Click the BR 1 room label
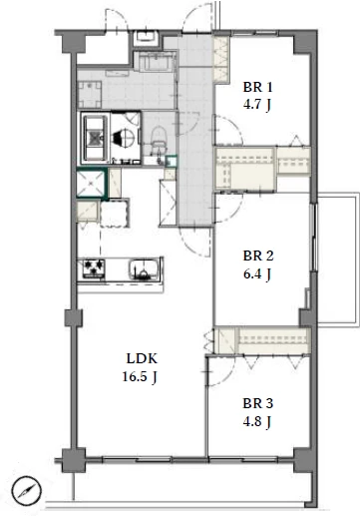pyautogui.click(x=257, y=88)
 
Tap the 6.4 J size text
pyautogui.click(x=257, y=274)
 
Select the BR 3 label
pyautogui.click(x=257, y=403)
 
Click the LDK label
pyautogui.click(x=142, y=358)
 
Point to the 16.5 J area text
pyautogui.click(x=140, y=377)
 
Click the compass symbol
pyautogui.click(x=27, y=491)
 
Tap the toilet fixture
pyautogui.click(x=158, y=138)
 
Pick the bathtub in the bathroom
pyautogui.click(x=96, y=137)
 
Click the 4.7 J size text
pyautogui.click(x=257, y=106)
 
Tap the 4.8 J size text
pyautogui.click(x=257, y=422)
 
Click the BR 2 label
pyautogui.click(x=258, y=257)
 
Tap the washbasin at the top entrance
pyautogui.click(x=147, y=38)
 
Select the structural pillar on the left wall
pyautogui.click(x=74, y=318)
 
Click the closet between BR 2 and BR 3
pyautogui.click(x=262, y=340)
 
